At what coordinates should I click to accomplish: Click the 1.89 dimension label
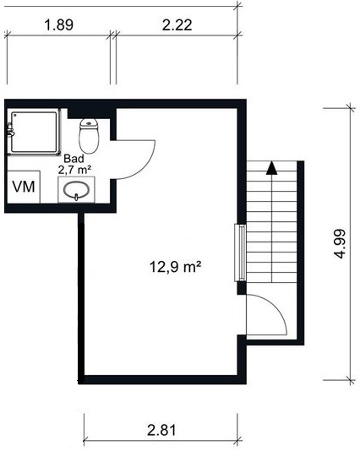58,24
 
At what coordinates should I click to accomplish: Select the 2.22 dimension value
177,24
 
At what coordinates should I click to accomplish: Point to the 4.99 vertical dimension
341,243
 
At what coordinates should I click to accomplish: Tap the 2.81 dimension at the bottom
161,431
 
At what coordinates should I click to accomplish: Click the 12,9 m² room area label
175,267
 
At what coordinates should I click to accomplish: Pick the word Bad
74,159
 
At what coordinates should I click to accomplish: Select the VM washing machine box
24,187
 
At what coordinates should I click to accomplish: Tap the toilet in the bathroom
89,136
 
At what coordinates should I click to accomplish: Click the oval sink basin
77,190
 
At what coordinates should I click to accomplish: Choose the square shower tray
35,132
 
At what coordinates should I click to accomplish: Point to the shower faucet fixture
10,129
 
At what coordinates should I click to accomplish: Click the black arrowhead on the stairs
271,168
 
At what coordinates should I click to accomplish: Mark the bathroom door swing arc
147,167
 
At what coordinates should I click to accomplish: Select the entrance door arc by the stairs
275,307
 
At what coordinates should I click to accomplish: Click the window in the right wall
240,253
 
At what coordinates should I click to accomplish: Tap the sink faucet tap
77,197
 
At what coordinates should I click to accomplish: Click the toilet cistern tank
89,123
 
